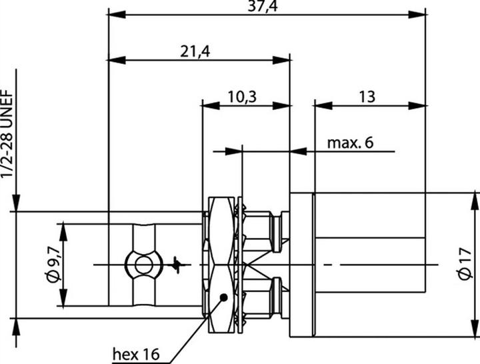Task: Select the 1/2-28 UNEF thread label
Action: [7, 133]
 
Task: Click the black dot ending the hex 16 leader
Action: [223, 297]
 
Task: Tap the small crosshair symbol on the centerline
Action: [177, 265]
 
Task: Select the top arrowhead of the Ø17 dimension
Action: [475, 199]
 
